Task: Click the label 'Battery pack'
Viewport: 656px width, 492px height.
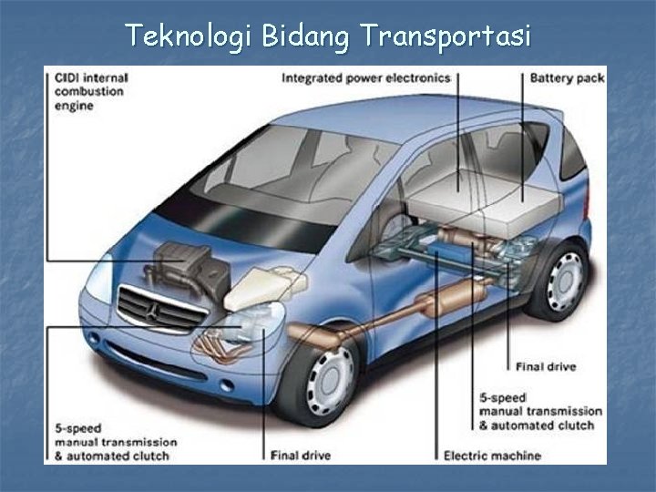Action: pyautogui.click(x=567, y=78)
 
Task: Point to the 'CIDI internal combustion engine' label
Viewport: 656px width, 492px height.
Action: pyautogui.click(x=90, y=91)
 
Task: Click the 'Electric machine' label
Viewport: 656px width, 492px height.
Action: pyautogui.click(x=491, y=455)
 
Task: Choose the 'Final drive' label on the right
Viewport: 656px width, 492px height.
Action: pyautogui.click(x=546, y=367)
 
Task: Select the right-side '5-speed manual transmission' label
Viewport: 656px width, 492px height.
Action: pyautogui.click(x=540, y=411)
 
